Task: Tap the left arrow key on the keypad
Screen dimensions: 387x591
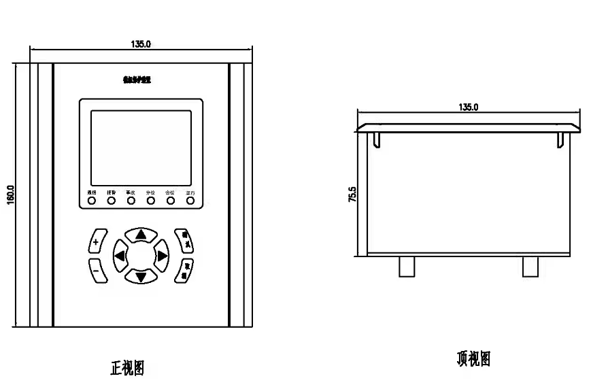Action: (x=120, y=256)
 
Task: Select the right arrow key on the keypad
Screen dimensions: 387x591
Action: (x=162, y=256)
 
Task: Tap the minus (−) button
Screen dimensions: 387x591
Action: (x=96, y=270)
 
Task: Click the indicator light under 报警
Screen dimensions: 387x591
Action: (x=111, y=201)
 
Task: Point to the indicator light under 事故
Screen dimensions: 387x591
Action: (x=131, y=201)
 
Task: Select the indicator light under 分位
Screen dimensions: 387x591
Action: (x=150, y=201)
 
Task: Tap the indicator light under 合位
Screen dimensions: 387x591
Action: (x=170, y=201)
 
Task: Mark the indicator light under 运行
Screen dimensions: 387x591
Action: (x=190, y=201)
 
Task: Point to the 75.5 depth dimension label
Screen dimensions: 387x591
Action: (x=352, y=195)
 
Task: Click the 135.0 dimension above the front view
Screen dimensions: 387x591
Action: (x=141, y=44)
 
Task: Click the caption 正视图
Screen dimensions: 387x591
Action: (x=127, y=368)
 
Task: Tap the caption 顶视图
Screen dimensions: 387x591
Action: (x=473, y=358)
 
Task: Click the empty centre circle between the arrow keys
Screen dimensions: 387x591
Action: (x=141, y=256)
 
